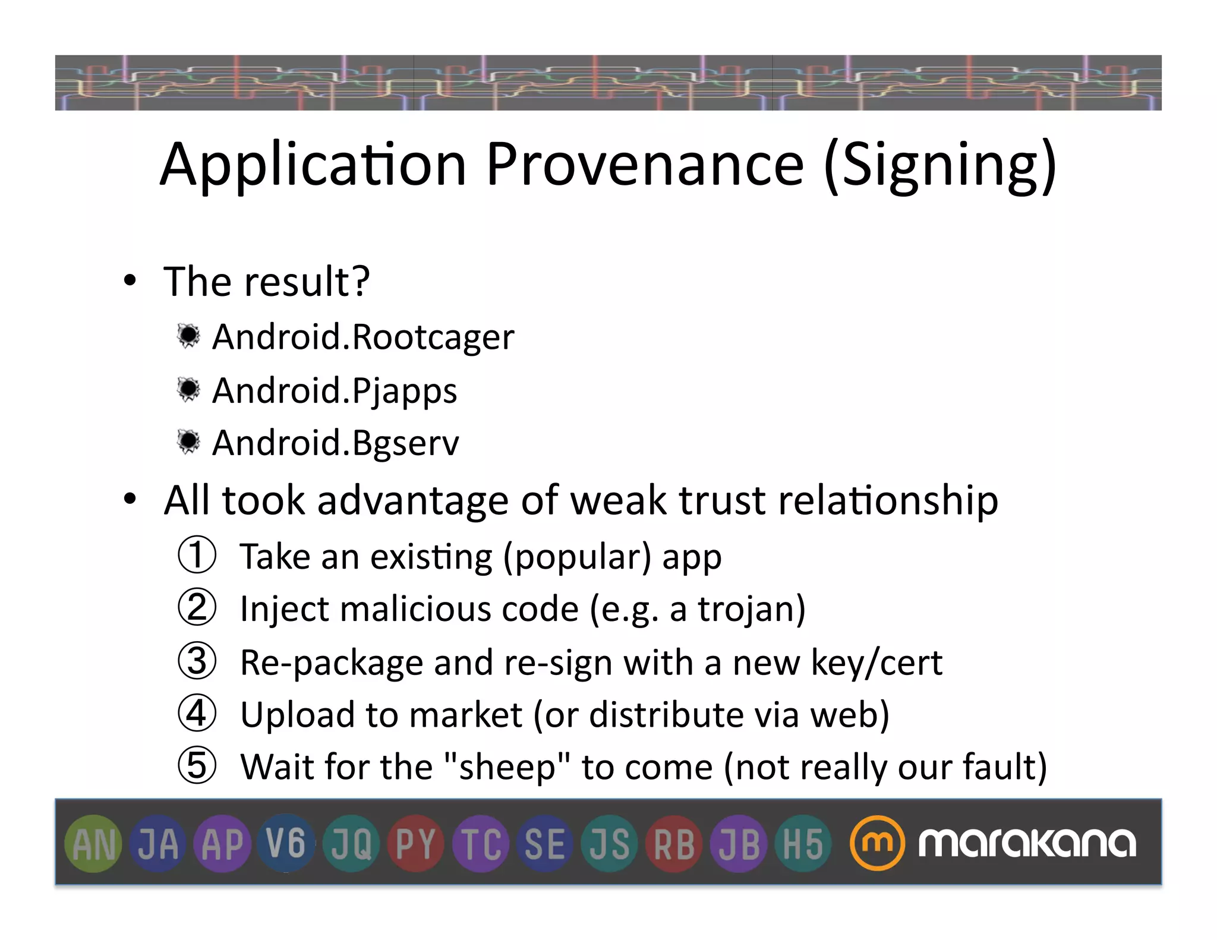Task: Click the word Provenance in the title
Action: pos(645,165)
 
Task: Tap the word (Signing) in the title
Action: pos(941,166)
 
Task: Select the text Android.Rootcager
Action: pos(363,337)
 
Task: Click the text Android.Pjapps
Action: pos(335,391)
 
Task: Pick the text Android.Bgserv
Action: pos(336,443)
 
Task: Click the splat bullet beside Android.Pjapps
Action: pos(189,390)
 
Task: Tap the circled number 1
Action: pos(197,555)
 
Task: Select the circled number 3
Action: pos(197,661)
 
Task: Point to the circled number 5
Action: pos(197,766)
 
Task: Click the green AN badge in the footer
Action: pos(93,844)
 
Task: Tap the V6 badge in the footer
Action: pos(286,843)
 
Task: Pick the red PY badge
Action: pos(415,844)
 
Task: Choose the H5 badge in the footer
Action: pos(802,844)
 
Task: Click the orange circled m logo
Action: pos(877,843)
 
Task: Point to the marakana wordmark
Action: pos(1026,843)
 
